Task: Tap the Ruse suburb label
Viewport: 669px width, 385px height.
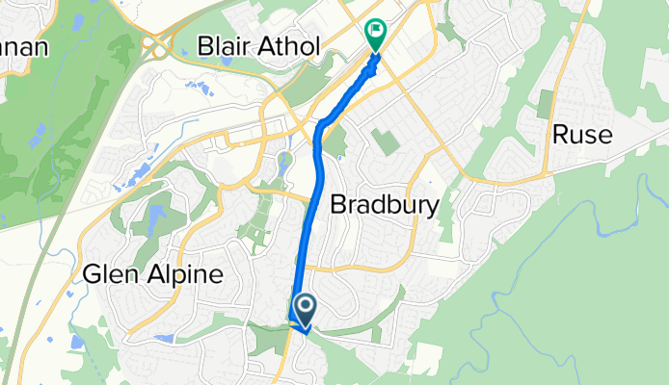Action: (582, 135)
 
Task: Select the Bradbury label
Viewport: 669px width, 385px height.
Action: (385, 204)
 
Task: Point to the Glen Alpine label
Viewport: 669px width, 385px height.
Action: (153, 274)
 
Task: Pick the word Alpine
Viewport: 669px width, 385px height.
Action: (188, 275)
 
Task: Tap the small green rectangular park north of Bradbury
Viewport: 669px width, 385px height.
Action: (386, 143)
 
